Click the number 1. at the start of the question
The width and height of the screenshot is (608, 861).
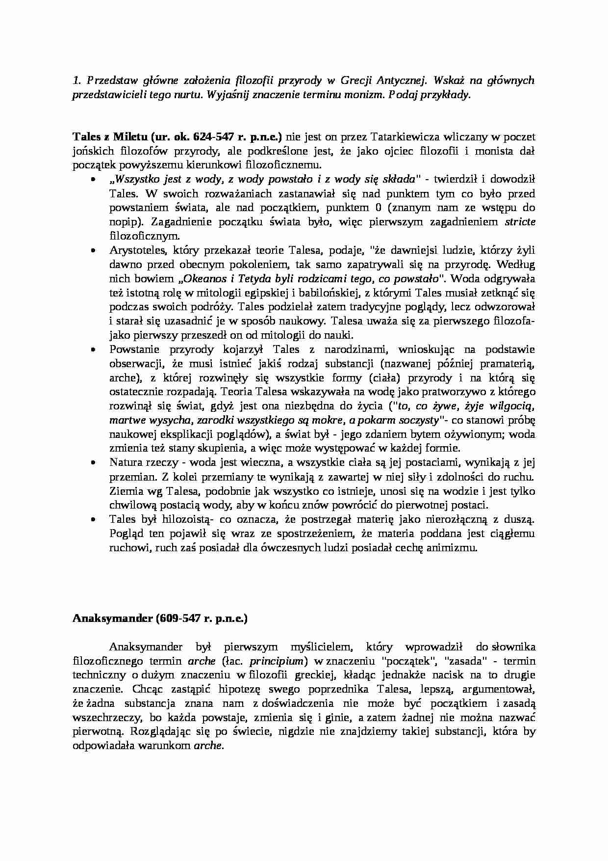click(76, 81)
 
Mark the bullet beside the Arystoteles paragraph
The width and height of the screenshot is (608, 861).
click(94, 250)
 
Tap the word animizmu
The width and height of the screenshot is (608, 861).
click(453, 548)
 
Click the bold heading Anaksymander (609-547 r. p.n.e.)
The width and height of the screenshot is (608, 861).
click(160, 619)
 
